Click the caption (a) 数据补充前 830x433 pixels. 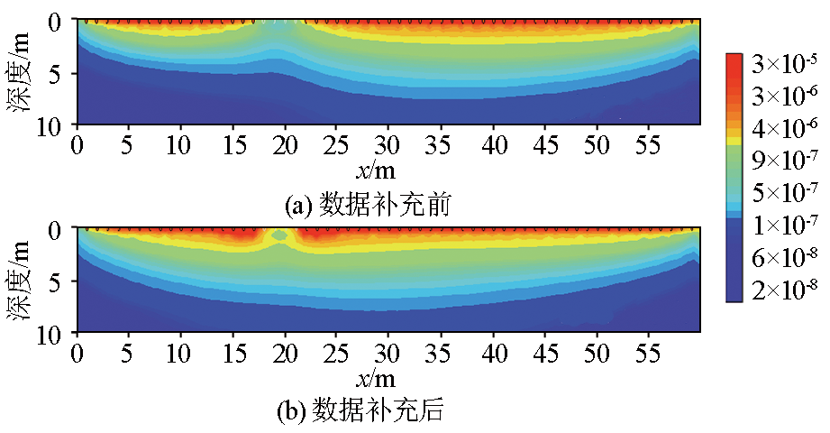point(368,206)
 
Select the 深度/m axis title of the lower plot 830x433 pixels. point(23,282)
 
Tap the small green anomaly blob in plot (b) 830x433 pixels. point(280,235)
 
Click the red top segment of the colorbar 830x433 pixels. point(734,61)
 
